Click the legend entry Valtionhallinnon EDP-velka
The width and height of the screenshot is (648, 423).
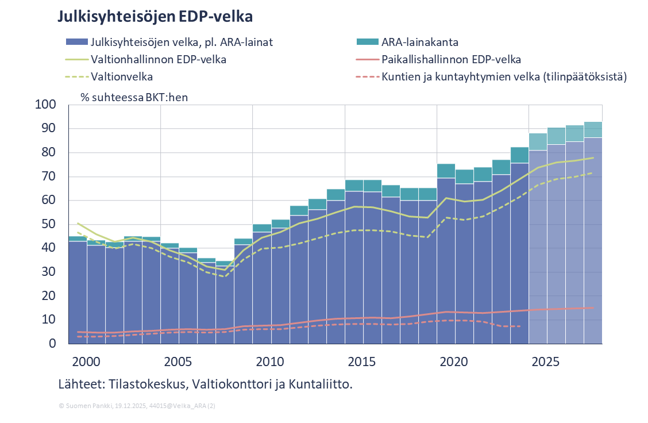[159, 59]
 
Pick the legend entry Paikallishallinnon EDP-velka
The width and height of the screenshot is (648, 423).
[451, 59]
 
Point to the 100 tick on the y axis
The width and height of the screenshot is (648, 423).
[46, 105]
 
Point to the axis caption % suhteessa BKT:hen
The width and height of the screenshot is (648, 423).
[134, 97]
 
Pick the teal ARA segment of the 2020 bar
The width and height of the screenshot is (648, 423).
[446, 171]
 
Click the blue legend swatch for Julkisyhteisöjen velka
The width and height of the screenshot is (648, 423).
[77, 42]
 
